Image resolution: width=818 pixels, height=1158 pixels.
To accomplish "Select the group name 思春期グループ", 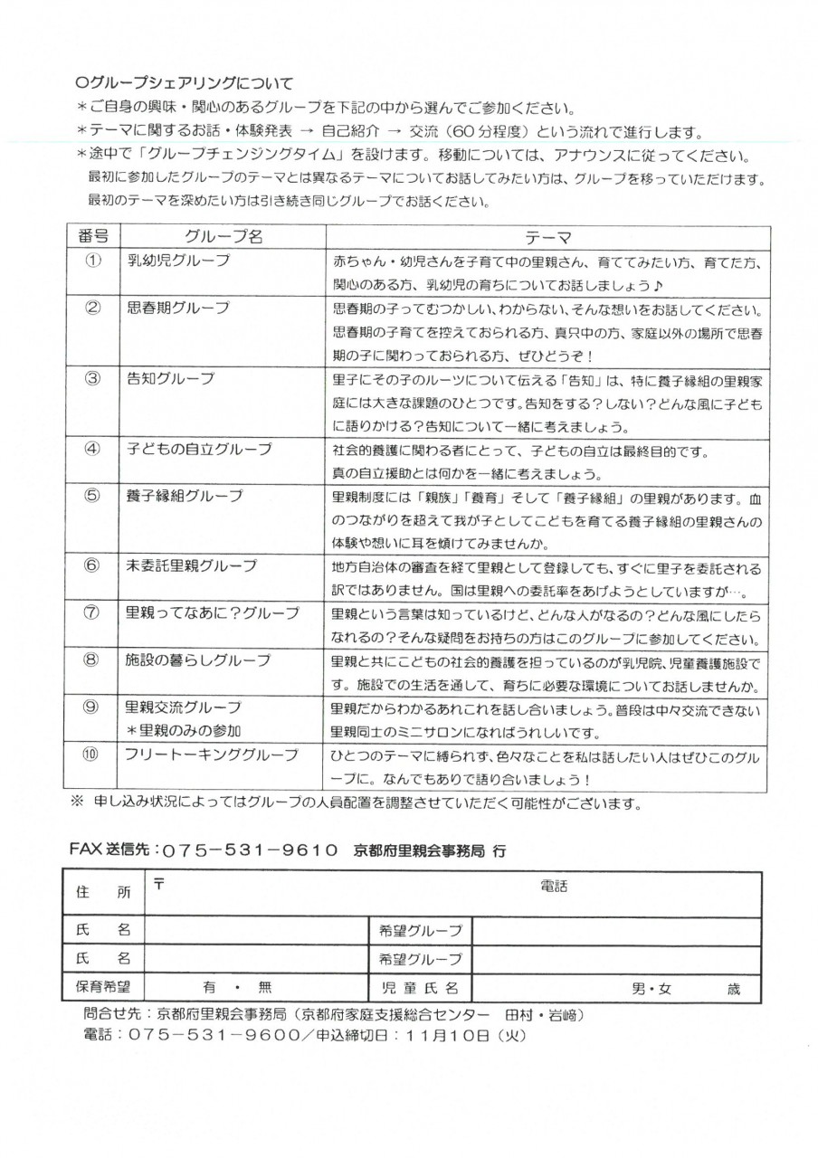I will click(177, 307).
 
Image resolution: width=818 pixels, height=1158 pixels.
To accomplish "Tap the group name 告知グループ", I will click(165, 377).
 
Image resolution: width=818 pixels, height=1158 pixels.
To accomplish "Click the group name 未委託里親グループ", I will click(191, 565).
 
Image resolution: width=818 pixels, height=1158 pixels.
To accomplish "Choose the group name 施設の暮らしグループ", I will click(197, 660).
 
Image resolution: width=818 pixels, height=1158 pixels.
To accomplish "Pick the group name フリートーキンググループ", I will click(211, 754).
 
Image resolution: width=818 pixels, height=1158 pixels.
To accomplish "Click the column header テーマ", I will click(547, 236).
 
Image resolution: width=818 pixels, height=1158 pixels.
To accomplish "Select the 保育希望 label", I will click(100, 987).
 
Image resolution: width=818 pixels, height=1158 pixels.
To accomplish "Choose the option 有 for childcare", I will click(207, 988).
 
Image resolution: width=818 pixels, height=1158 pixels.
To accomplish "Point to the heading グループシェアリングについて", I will click(185, 84).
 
